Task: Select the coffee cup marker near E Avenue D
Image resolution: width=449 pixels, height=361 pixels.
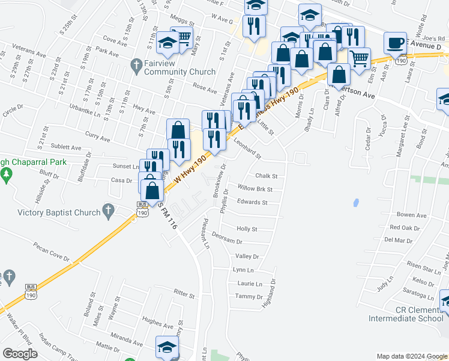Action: [x=394, y=43]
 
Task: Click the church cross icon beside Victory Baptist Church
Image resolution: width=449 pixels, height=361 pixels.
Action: [x=108, y=211]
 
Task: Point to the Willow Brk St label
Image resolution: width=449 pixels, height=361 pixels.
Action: [x=255, y=189]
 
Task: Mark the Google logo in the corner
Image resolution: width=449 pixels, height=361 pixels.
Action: [x=20, y=354]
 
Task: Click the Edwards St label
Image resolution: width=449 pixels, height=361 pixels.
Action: [x=252, y=203]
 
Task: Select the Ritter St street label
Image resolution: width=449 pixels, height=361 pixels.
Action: [x=184, y=296]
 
